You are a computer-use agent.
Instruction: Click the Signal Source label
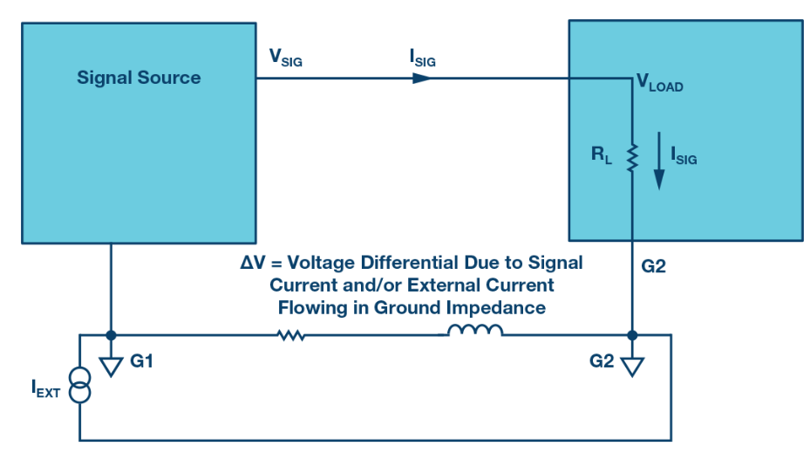pyautogui.click(x=139, y=78)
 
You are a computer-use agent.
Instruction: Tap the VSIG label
pyautogui.click(x=286, y=58)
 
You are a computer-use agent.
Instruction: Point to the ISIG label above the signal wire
pyautogui.click(x=423, y=58)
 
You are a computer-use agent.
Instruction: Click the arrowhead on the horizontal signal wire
pyautogui.click(x=421, y=79)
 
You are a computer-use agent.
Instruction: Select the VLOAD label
pyautogui.click(x=660, y=82)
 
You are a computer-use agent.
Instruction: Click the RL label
pyautogui.click(x=602, y=154)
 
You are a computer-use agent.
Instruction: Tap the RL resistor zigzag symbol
pyautogui.click(x=632, y=158)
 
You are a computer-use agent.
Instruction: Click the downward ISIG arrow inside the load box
pyautogui.click(x=658, y=161)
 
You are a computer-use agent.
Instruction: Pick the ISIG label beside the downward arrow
pyautogui.click(x=684, y=155)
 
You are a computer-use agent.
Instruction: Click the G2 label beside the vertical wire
pyautogui.click(x=653, y=266)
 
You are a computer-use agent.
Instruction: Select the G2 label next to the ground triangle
pyautogui.click(x=602, y=361)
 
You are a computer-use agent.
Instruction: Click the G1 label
pyautogui.click(x=141, y=361)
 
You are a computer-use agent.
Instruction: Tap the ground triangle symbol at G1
pyautogui.click(x=111, y=367)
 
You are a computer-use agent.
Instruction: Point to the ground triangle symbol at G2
pyautogui.click(x=632, y=367)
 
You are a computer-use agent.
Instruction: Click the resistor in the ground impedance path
pyautogui.click(x=291, y=336)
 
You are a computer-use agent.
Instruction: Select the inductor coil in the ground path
pyautogui.click(x=474, y=331)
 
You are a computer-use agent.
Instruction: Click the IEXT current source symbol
pyautogui.click(x=79, y=385)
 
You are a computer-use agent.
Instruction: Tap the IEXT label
pyautogui.click(x=45, y=388)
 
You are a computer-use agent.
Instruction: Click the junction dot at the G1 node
pyautogui.click(x=111, y=336)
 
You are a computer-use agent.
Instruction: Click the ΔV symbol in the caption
pyautogui.click(x=253, y=263)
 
